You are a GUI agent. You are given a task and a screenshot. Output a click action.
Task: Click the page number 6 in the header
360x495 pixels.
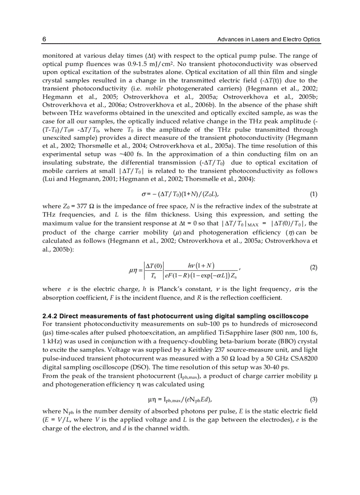[44, 40]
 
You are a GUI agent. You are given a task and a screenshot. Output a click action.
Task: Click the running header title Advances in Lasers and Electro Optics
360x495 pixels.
[269, 40]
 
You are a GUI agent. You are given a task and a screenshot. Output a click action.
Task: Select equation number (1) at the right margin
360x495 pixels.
[313, 194]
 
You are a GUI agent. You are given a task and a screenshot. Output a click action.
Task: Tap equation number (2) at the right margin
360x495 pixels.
[313, 268]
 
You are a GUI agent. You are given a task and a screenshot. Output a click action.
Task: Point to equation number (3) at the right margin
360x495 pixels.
[313, 400]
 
